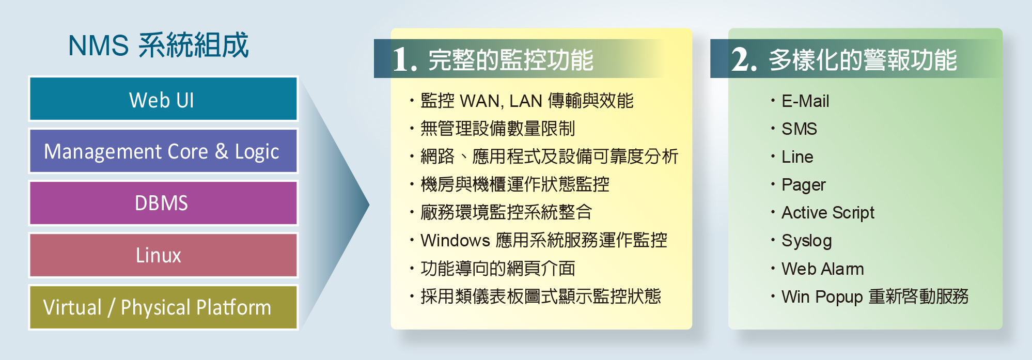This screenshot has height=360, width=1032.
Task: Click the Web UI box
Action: (x=163, y=99)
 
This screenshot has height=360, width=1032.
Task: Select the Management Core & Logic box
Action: (x=163, y=151)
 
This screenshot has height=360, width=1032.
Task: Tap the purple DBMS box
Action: (x=163, y=203)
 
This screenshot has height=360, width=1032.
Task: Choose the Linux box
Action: (x=163, y=255)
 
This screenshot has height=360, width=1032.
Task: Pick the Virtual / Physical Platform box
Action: (x=163, y=307)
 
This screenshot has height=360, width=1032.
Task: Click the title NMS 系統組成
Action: (x=158, y=45)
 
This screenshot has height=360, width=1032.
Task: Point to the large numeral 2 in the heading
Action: (x=744, y=59)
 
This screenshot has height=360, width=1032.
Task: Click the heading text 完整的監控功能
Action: (x=511, y=60)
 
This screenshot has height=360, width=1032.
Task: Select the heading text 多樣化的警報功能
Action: (x=863, y=60)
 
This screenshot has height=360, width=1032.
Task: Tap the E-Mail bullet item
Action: (x=805, y=101)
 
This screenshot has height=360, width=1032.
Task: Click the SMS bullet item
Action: (x=799, y=129)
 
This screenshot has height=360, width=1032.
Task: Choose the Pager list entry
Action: (x=804, y=185)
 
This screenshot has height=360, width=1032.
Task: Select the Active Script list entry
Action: (x=828, y=213)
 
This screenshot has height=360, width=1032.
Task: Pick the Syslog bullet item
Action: (x=807, y=241)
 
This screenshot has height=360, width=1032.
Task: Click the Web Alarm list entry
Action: (x=823, y=269)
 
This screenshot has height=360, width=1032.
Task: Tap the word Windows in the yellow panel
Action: (x=455, y=241)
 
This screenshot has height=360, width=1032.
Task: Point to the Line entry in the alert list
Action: (x=798, y=156)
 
